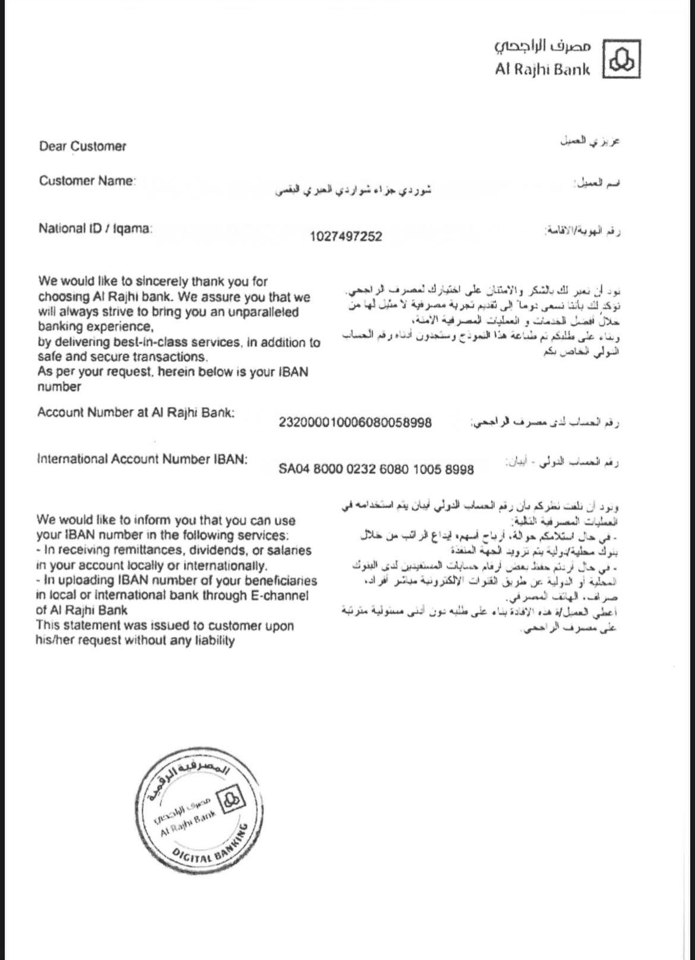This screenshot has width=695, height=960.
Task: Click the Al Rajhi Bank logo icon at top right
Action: point(621,59)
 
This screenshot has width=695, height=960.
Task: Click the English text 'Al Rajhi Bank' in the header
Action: point(542,70)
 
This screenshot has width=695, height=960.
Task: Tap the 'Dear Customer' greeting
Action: point(83,146)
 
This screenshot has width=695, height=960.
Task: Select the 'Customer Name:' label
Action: point(87,181)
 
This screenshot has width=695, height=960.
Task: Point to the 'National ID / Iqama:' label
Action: point(95,228)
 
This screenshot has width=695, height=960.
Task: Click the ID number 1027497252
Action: point(346,236)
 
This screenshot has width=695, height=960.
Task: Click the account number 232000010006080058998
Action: point(355,422)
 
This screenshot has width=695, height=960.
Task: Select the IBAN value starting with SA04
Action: point(376,469)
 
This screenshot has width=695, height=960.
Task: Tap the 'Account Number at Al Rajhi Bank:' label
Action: point(135,412)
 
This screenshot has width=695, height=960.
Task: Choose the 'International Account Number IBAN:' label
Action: point(142,459)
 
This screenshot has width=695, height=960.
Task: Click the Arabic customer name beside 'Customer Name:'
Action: point(353,191)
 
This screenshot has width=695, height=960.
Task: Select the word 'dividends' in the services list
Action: point(207,551)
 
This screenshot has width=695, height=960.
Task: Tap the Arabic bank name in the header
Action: point(543,47)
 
